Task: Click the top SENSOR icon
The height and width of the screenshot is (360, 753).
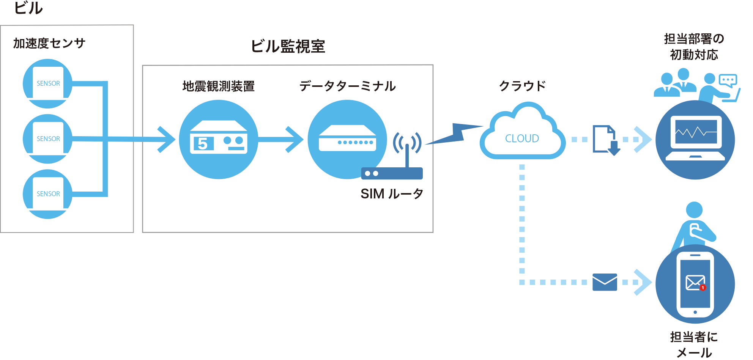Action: (48, 83)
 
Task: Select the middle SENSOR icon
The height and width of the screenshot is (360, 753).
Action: (48, 139)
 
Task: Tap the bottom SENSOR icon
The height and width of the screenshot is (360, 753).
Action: (48, 194)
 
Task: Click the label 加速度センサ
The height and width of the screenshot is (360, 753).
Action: (49, 43)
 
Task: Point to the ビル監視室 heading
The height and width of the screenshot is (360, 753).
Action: (288, 46)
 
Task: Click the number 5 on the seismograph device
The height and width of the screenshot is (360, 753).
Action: (203, 143)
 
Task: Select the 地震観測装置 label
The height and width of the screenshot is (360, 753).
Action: (218, 86)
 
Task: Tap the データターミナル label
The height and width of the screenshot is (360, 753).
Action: (347, 86)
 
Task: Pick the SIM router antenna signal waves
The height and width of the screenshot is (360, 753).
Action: (407, 143)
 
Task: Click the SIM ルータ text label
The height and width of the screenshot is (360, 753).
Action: (392, 194)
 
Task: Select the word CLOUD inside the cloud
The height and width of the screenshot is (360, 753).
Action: (522, 138)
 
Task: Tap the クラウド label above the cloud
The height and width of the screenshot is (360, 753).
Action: (522, 86)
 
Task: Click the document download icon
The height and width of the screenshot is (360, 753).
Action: (606, 140)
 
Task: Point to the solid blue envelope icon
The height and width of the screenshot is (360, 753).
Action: (605, 282)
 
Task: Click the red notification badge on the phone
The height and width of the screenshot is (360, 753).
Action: (703, 288)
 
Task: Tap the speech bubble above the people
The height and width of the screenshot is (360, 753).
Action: (728, 80)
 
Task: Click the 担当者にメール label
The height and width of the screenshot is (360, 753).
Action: (694, 344)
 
